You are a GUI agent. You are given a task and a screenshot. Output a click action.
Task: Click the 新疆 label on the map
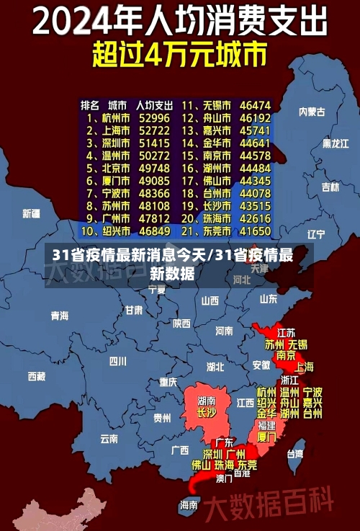pyautogui.click(x=32, y=213)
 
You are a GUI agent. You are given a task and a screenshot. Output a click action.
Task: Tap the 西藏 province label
pyautogui.click(x=37, y=376)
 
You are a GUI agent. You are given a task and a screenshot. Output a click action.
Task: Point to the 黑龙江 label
pyautogui.click(x=335, y=143)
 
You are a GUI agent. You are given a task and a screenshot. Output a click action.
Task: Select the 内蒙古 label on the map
pyautogui.click(x=312, y=112)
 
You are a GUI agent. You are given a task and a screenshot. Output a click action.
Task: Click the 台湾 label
pyautogui.click(x=295, y=454)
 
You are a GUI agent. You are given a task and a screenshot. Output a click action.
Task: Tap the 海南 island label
pyautogui.click(x=189, y=505)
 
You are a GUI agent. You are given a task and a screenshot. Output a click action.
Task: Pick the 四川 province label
pyautogui.click(x=117, y=361)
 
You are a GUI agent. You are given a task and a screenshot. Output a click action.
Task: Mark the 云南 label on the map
pyautogui.click(x=109, y=437)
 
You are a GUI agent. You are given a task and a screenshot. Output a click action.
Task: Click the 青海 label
pyautogui.click(x=60, y=316)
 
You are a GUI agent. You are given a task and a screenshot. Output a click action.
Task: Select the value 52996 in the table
pyautogui.click(x=154, y=117)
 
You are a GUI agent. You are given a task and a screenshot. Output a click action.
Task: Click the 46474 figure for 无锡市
pyautogui.click(x=255, y=104)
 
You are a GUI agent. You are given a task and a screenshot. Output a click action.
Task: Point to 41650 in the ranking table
pyautogui.click(x=255, y=231)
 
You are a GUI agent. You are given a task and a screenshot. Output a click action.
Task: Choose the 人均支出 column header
pyautogui.click(x=154, y=104)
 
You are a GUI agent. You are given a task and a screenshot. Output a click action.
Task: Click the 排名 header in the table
pyautogui.click(x=90, y=104)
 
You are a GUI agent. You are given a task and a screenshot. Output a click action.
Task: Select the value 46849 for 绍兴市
pyautogui.click(x=154, y=231)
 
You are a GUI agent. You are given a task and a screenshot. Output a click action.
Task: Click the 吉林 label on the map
pyautogui.click(x=330, y=187)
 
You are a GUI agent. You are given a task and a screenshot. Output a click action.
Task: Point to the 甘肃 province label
pyautogui.click(x=134, y=311)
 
